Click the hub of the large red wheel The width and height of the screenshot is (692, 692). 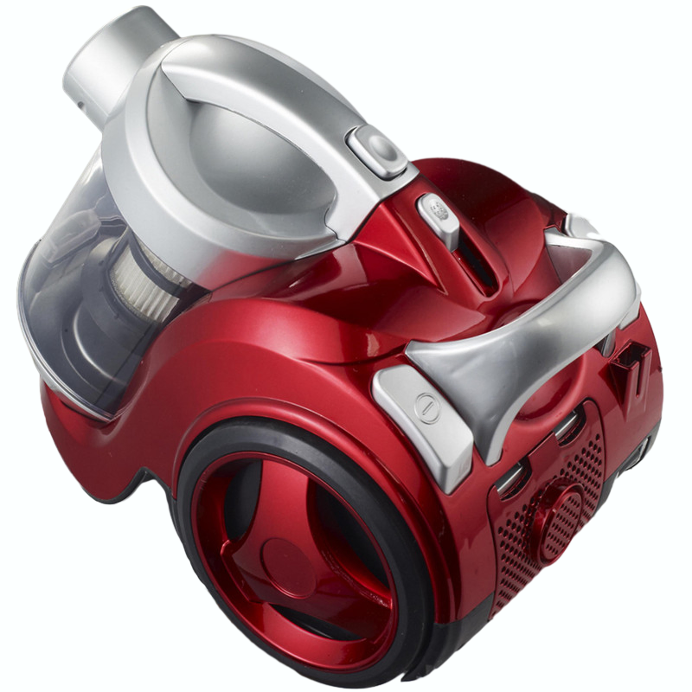coord(285,554)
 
